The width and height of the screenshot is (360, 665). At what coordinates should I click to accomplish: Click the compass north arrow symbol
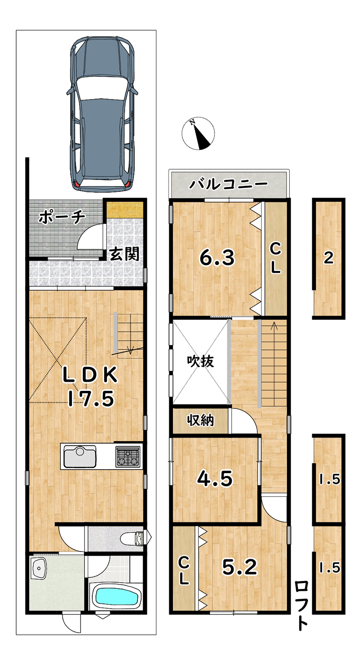(x=198, y=133)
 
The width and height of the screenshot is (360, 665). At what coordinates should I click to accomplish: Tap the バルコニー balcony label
(x=229, y=184)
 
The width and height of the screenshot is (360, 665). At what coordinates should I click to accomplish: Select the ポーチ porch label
(x=62, y=217)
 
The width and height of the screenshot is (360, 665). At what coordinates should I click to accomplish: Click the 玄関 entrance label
(x=124, y=254)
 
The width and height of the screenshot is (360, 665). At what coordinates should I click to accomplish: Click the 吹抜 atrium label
(x=200, y=361)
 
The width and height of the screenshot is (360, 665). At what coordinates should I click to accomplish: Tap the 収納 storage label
(x=200, y=421)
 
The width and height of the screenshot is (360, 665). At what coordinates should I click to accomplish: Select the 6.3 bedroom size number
(x=217, y=258)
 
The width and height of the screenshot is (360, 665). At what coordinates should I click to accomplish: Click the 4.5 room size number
(x=215, y=479)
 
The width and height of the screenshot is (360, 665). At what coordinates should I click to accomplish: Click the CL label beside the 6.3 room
(x=275, y=258)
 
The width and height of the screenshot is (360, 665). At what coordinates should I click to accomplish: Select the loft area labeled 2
(x=328, y=258)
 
